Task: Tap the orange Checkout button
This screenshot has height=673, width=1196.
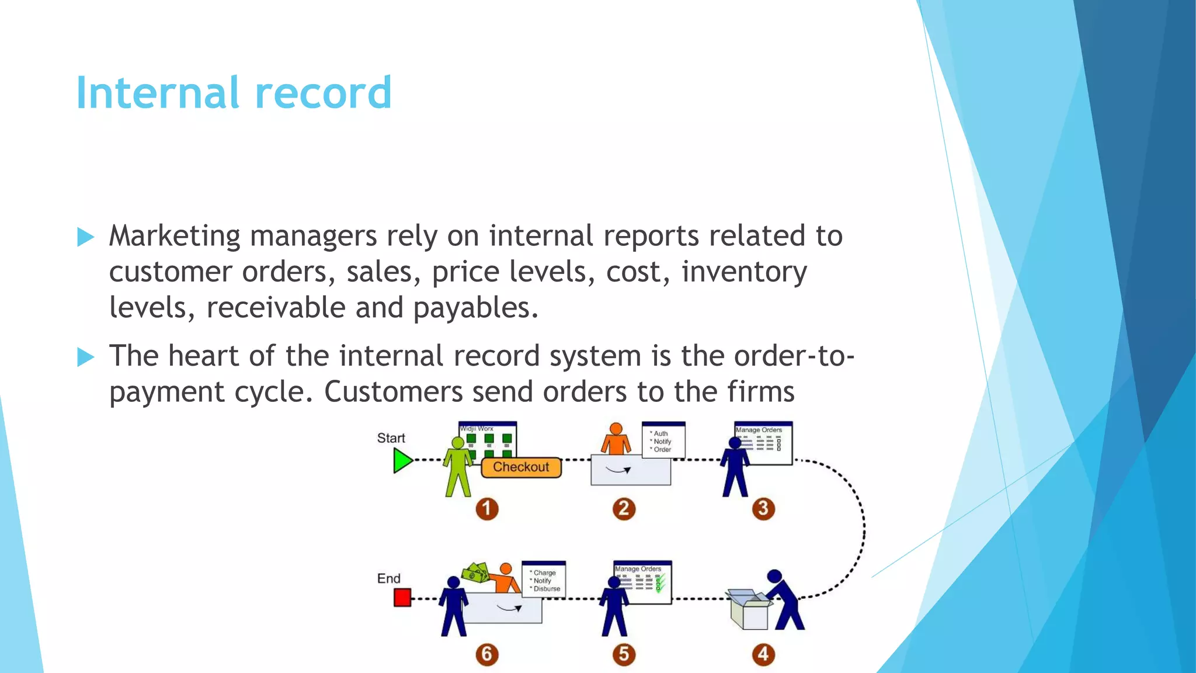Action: pyautogui.click(x=521, y=467)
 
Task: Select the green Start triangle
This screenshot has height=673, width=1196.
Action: pyautogui.click(x=402, y=461)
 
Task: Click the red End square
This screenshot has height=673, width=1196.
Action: pyautogui.click(x=402, y=598)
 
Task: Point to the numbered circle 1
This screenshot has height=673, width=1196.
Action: pyautogui.click(x=486, y=509)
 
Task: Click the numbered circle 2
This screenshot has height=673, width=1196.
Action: pyautogui.click(x=624, y=509)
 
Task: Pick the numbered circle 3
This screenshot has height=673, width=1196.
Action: pyautogui.click(x=763, y=509)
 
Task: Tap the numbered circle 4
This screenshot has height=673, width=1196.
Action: pyautogui.click(x=763, y=654)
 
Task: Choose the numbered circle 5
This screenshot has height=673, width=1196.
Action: pyautogui.click(x=624, y=654)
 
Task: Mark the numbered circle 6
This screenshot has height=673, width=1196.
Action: pyautogui.click(x=486, y=654)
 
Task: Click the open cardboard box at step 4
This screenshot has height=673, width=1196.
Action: pyautogui.click(x=749, y=609)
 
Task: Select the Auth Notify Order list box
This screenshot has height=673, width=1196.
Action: pyautogui.click(x=663, y=441)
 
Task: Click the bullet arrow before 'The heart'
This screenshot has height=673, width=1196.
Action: pyautogui.click(x=85, y=357)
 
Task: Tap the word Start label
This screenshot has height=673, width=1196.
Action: pyautogui.click(x=391, y=438)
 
